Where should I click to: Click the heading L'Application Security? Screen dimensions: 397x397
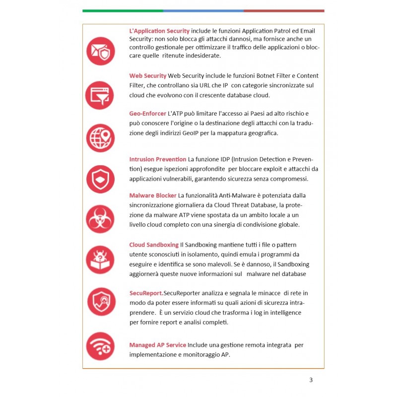[159, 31]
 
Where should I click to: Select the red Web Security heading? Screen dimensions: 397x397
[147, 76]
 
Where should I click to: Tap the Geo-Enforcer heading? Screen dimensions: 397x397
[147, 114]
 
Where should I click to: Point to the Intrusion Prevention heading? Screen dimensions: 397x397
[157, 159]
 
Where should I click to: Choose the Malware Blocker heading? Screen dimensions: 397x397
[152, 195]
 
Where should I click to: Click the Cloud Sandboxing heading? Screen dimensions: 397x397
[154, 245]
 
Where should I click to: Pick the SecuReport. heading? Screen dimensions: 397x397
[146, 293]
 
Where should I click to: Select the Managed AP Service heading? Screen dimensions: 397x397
[157, 345]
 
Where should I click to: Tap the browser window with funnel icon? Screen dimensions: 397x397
[100, 95]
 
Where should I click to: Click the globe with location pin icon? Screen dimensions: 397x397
[100, 137]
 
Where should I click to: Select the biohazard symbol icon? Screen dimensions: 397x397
[100, 219]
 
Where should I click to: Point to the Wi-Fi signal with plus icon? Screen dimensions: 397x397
[100, 346]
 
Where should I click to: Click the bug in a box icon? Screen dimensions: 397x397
[100, 260]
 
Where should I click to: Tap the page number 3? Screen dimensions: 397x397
[311, 380]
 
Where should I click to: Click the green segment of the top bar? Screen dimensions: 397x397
[123, 10]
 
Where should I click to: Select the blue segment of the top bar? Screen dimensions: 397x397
[203, 10]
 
